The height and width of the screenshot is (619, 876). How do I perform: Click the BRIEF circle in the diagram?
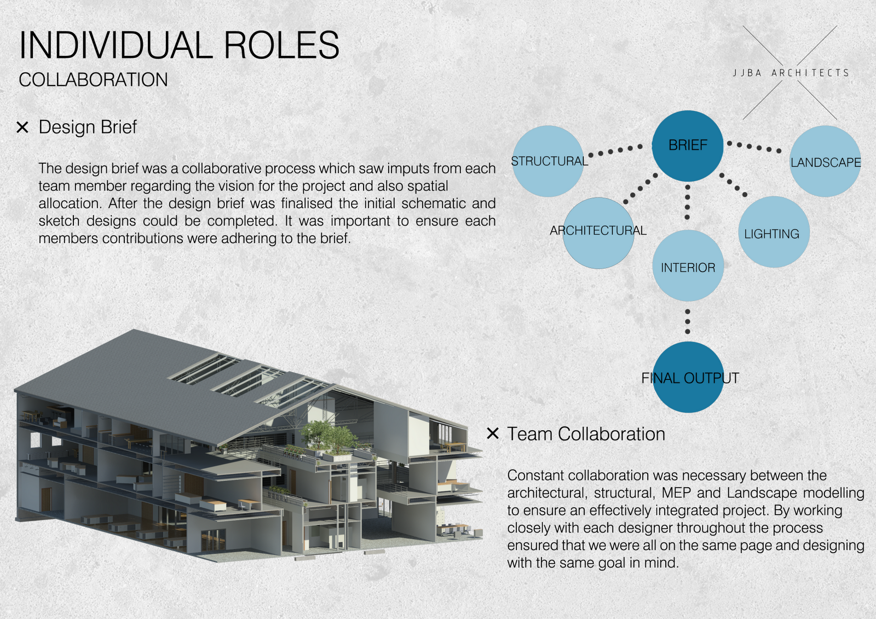click(x=688, y=146)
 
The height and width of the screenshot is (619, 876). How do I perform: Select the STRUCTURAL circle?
click(x=547, y=161)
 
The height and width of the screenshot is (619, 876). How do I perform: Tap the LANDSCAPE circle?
click(x=825, y=161)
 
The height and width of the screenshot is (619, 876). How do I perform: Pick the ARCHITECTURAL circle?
click(x=598, y=233)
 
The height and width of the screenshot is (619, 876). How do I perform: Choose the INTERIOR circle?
click(x=688, y=266)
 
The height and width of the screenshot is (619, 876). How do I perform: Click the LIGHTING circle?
click(x=774, y=232)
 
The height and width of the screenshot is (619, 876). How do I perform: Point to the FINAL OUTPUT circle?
click(x=688, y=377)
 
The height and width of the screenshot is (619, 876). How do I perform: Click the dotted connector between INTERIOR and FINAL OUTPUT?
click(x=688, y=321)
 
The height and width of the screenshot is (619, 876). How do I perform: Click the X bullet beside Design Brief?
click(x=22, y=128)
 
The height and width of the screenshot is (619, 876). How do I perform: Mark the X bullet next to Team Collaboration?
click(x=493, y=433)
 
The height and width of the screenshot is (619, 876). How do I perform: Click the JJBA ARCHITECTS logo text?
click(x=791, y=73)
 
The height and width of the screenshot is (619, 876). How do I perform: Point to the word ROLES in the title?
click(x=281, y=45)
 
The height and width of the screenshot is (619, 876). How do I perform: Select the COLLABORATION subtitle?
click(x=93, y=80)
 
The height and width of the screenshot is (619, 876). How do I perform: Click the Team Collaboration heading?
click(x=586, y=434)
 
